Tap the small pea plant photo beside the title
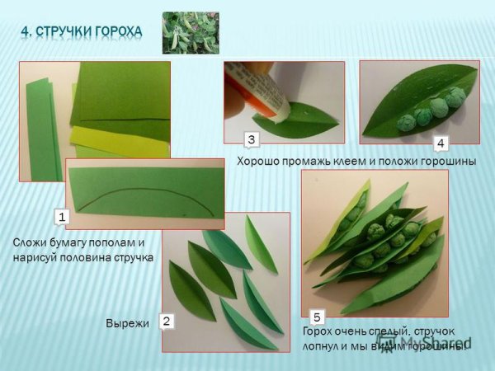pyautogui.click(x=191, y=32)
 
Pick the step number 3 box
pyautogui.click(x=252, y=138)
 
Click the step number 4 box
pyautogui.click(x=441, y=143)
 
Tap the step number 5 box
pyautogui.click(x=317, y=316)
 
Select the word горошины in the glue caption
pyautogui.click(x=449, y=162)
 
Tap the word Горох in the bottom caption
pyautogui.click(x=321, y=333)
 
